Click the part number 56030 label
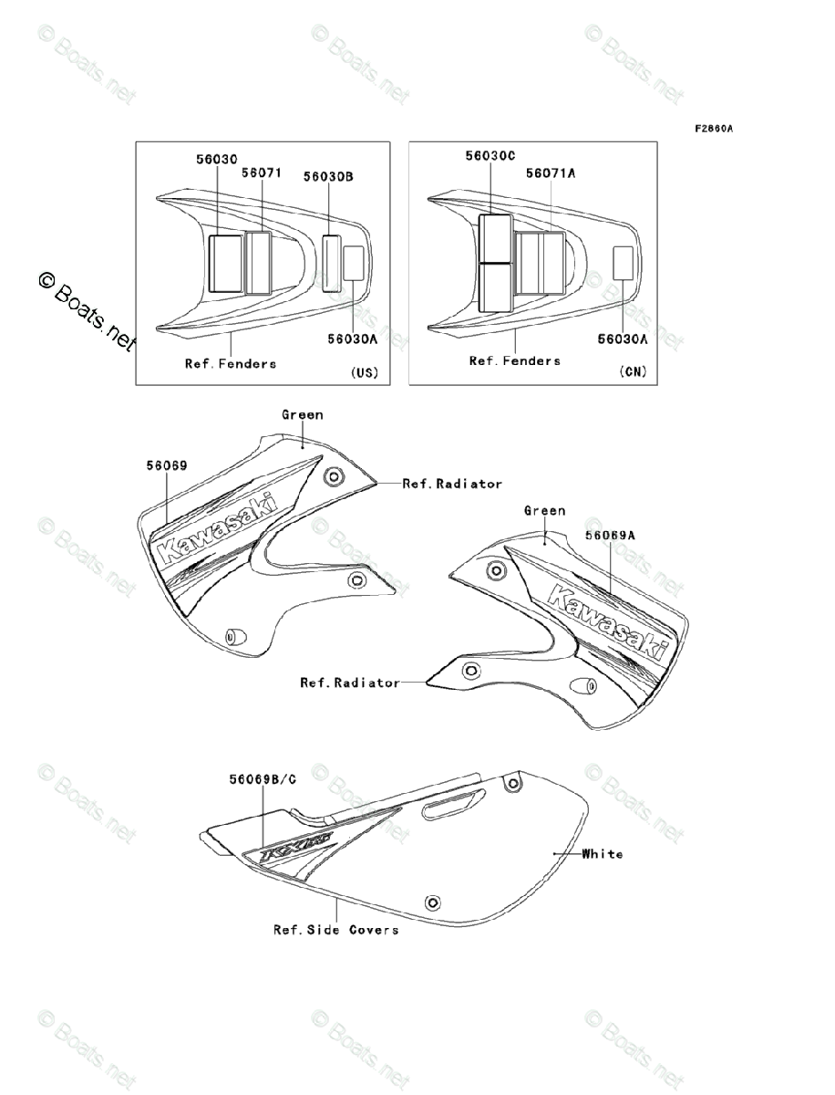pos(216,159)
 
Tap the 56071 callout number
pos(261,172)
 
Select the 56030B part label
pos(328,179)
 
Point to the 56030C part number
pos(490,156)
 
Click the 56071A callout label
pos(551,172)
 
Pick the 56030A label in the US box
pos(353,338)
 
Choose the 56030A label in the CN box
pos(623,339)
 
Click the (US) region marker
pos(364,372)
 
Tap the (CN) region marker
pos(633,371)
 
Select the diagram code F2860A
pos(714,129)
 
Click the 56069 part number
pos(166,465)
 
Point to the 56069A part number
pos(610,537)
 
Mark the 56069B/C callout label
pos(263,779)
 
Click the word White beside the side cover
pos(603,854)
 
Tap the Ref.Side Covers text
pos(335,930)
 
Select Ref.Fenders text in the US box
pos(231,363)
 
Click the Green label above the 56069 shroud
pos(302,414)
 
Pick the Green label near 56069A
pos(544,511)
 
